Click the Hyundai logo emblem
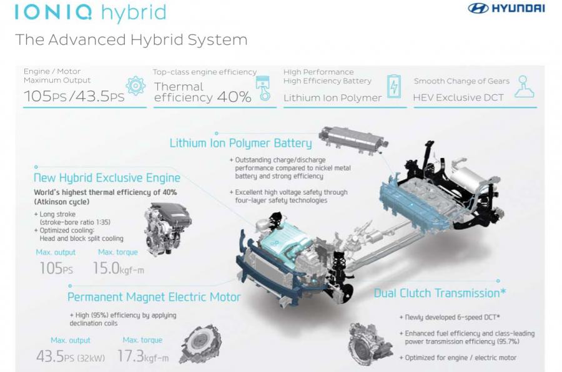[x=478, y=8]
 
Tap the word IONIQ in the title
[x=54, y=11]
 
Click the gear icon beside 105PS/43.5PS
[x=136, y=86]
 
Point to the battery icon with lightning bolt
[x=394, y=86]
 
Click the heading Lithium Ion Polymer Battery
[x=240, y=143]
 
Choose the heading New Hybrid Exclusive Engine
[x=107, y=178]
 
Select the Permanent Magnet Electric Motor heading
[x=154, y=296]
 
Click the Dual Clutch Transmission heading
[x=440, y=293]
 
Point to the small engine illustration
[x=168, y=228]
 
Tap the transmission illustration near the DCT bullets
[x=370, y=344]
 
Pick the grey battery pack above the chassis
[x=353, y=139]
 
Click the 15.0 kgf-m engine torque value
[x=118, y=268]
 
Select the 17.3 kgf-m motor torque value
[x=142, y=356]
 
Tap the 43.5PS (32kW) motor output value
[x=71, y=356]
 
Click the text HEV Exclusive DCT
[x=458, y=97]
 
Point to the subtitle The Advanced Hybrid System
[x=131, y=39]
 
